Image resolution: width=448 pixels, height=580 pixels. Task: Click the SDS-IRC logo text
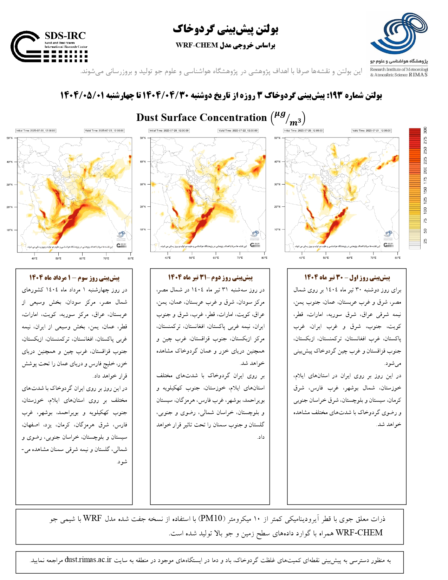65,36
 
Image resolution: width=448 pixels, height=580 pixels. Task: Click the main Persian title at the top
225,30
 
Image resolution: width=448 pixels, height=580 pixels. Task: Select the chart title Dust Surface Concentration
201,117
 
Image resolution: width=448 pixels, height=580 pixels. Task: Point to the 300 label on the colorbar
425,130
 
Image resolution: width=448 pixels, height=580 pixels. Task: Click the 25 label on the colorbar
425,241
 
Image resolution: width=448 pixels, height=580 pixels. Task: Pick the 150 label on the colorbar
425,190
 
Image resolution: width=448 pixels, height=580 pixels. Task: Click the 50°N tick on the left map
9,138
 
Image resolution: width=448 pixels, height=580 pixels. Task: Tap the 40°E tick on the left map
34,259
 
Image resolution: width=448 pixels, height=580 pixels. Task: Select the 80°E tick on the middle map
264,258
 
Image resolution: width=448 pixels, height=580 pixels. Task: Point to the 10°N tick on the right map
277,230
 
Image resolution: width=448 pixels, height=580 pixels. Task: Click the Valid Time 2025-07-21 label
371,131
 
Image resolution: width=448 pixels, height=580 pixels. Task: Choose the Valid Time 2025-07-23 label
104,131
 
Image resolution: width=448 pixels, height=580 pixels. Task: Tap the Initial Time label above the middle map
169,131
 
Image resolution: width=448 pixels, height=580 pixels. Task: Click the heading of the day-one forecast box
347,278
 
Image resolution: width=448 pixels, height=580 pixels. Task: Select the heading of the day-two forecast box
210,278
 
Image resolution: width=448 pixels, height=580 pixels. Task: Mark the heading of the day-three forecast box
74,278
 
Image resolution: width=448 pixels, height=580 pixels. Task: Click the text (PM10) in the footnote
211,518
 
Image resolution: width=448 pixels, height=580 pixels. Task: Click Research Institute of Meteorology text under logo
399,70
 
